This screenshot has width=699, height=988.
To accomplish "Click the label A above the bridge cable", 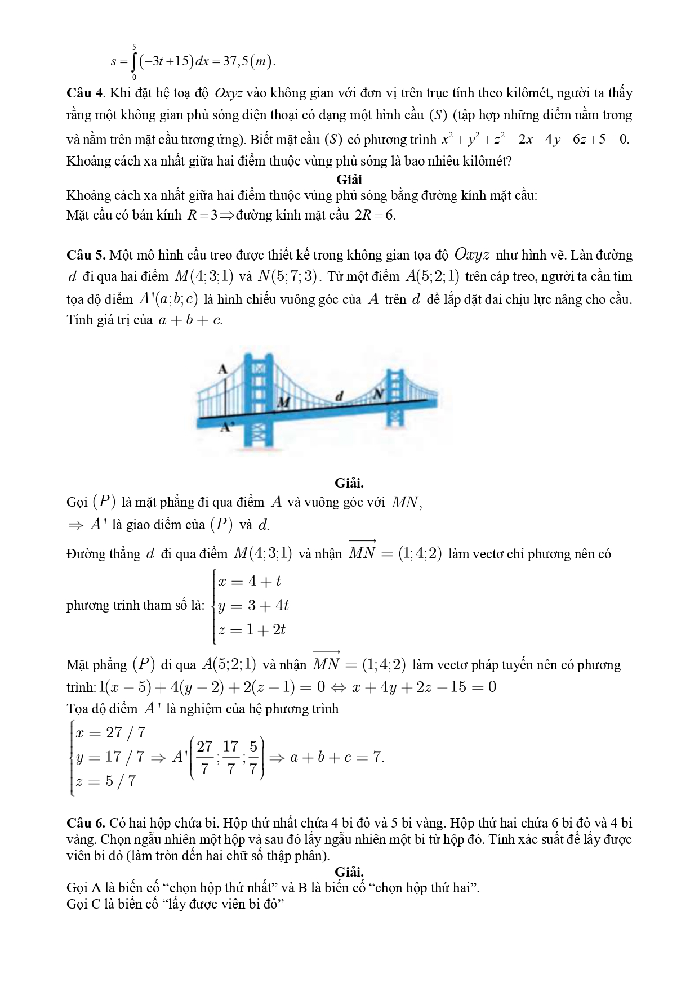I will click(x=222, y=369).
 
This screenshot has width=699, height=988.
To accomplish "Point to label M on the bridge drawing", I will click(x=283, y=402).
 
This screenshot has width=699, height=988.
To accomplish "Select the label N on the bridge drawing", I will click(x=379, y=394).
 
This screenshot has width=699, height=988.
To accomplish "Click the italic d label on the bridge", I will click(x=339, y=397).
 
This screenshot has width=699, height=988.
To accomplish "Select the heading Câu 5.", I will click(x=86, y=255).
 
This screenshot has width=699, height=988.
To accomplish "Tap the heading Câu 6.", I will click(x=86, y=823).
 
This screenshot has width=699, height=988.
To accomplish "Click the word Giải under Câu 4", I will click(x=349, y=180).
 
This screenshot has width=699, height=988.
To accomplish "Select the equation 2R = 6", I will click(x=375, y=215).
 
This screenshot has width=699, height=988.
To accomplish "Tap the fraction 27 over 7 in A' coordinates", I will click(x=204, y=757).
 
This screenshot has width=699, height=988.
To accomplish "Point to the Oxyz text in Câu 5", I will click(x=471, y=255).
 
